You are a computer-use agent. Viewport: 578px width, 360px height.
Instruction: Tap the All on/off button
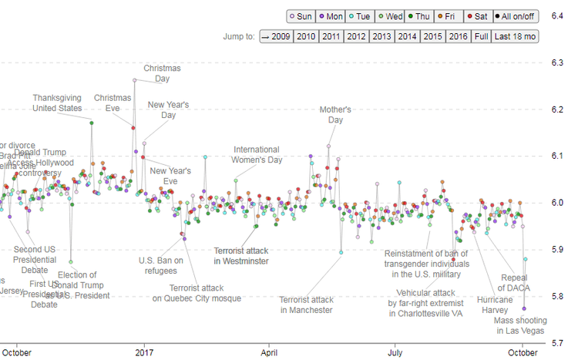coord(516,16)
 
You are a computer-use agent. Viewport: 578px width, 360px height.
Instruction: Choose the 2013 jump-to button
coord(381,36)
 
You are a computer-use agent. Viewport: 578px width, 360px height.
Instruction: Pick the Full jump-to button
coord(481,36)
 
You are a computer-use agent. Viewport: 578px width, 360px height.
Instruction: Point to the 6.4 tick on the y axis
coord(555,15)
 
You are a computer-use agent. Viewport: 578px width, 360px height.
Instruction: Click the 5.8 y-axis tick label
coord(555,297)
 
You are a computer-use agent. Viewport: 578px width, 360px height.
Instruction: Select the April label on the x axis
coord(270,352)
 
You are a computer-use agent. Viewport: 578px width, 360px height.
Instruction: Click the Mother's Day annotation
coord(335,115)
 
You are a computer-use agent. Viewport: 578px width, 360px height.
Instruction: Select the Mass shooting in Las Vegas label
coord(520,325)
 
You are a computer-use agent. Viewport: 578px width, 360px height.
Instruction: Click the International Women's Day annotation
coord(258,154)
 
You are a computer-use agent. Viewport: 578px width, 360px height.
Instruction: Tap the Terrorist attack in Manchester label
coord(306,304)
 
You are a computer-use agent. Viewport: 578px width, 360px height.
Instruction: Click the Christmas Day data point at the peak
coord(135,80)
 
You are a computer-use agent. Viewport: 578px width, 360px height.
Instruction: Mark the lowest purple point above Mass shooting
coord(525,308)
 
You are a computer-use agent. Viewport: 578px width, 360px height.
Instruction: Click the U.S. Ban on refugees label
coord(160,264)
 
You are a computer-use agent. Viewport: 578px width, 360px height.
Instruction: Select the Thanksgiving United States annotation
coord(57,103)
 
